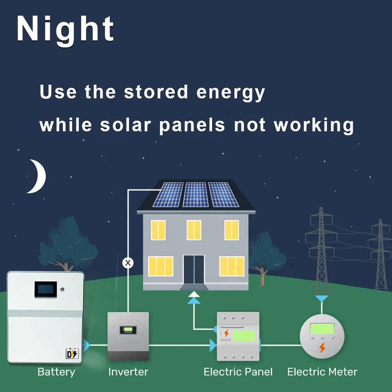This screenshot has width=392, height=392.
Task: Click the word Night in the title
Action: click(65, 29)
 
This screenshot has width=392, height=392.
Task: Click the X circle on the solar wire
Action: click(128, 263)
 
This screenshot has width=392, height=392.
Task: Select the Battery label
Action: click(56, 372)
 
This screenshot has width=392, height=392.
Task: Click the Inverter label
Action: click(128, 372)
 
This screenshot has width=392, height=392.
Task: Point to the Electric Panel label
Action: click(238, 372)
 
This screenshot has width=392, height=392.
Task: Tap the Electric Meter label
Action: click(322, 372)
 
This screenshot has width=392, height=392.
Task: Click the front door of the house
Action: click(194, 269)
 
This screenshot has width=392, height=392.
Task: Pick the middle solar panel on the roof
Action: click(196, 194)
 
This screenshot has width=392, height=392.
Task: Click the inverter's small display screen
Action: click(128, 330)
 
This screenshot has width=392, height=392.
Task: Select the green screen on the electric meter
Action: click(322, 328)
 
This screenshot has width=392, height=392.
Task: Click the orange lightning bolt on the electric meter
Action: click(322, 347)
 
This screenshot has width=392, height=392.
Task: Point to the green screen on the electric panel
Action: click(243, 336)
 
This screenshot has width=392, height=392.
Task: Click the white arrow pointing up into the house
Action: click(194, 294)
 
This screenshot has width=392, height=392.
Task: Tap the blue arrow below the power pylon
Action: click(322, 299)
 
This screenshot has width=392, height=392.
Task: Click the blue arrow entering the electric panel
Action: click(213, 345)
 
